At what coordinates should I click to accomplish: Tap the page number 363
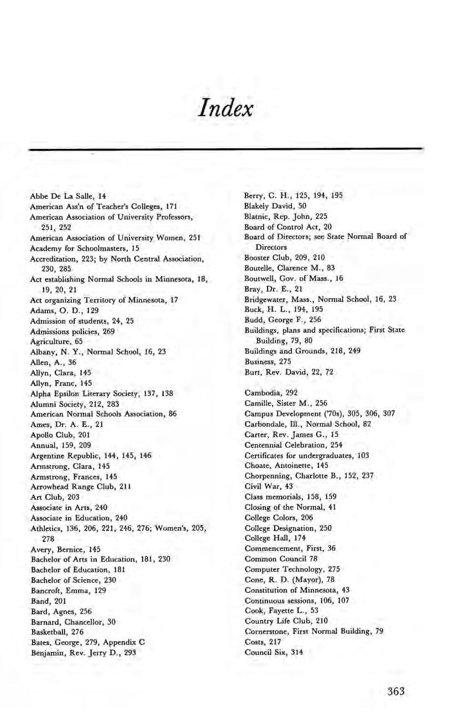(x=396, y=691)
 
